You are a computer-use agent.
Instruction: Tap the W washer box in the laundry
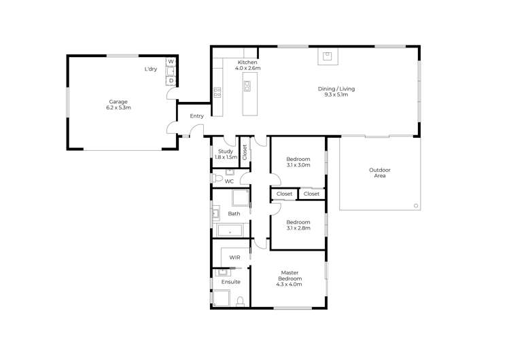171,62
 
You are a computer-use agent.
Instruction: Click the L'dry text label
151,69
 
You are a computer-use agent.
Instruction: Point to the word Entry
197,116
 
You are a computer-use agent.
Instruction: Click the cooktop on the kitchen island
247,86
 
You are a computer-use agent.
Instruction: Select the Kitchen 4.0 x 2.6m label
247,65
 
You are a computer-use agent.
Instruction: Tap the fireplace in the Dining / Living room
327,56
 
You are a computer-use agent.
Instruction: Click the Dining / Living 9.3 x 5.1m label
336,92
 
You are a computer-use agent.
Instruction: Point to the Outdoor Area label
379,173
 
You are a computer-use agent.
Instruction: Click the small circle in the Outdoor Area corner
416,205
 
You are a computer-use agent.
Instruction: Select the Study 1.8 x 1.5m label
226,154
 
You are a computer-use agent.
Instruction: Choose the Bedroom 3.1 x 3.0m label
298,162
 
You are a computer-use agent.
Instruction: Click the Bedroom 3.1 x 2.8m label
298,225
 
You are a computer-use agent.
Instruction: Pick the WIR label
234,258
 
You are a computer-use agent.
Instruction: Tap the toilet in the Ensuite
240,302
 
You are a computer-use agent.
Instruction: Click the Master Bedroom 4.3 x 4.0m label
290,278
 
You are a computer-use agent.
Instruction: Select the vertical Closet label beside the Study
245,152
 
